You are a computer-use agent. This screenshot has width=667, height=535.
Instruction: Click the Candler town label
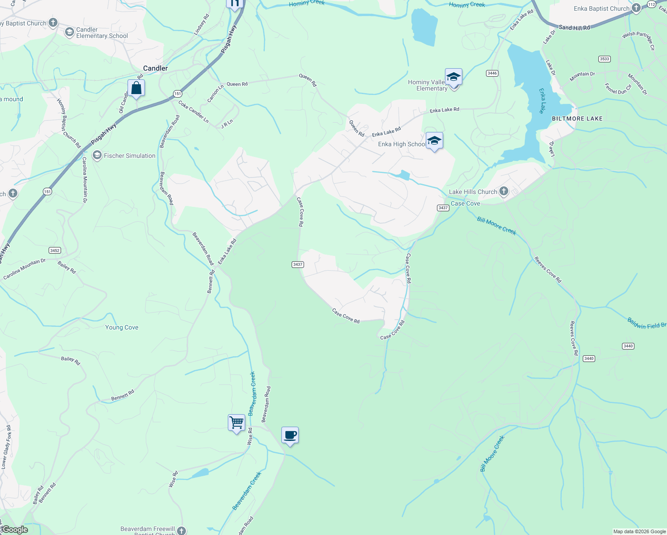pos(155,68)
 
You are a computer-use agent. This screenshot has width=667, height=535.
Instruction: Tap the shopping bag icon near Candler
pos(136,88)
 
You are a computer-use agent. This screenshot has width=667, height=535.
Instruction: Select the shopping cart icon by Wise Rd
pos(236,422)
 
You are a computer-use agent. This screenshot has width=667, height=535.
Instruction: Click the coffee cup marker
pos(290,435)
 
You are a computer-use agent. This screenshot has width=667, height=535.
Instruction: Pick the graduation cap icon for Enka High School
pos(434,141)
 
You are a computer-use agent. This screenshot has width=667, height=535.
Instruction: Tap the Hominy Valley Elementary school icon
pos(453,77)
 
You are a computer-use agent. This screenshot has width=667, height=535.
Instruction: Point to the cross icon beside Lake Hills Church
pos(504,192)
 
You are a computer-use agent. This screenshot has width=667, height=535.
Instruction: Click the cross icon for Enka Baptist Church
pos(636,8)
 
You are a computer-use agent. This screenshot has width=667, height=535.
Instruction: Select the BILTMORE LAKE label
pos(577,119)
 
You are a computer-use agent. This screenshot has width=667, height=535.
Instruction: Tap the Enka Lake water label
pos(542,101)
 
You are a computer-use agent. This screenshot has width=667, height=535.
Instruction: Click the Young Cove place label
pos(122,327)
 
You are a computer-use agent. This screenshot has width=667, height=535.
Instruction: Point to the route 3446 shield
pos(492,73)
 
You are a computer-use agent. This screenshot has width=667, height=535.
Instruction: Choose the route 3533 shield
pos(605,59)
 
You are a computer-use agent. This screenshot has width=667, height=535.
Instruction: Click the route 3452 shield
pos(55,251)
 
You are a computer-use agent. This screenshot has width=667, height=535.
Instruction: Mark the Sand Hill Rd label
pos(574,28)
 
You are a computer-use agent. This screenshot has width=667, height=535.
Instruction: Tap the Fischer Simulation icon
pos(97,156)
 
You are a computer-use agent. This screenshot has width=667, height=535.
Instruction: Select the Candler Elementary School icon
pos(69,32)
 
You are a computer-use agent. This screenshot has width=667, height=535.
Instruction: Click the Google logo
pos(15,530)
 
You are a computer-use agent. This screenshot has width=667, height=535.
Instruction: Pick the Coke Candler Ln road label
pos(194,111)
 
